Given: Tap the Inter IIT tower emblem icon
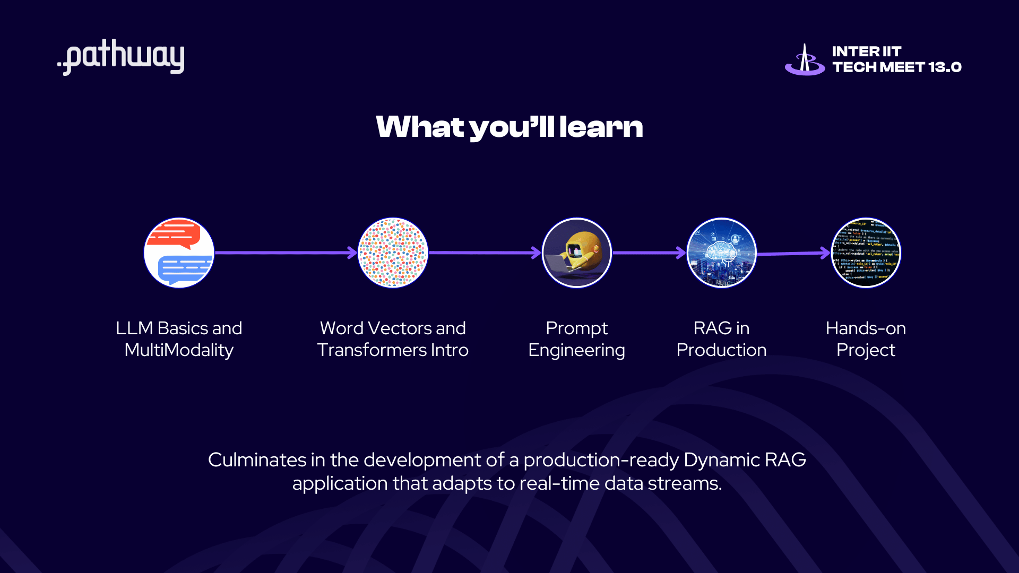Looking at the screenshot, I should coord(805,60).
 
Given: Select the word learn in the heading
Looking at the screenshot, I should coord(601,127).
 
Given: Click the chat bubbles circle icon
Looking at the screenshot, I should coord(179,253).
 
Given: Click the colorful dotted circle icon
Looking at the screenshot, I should coord(393,253).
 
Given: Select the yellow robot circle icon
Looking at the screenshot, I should coord(577,253).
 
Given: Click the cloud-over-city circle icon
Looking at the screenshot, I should coord(721,253).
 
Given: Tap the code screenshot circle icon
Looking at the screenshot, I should coord(866,253).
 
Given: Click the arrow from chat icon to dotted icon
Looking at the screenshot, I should coord(287,253).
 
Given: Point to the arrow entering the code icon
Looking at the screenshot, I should coord(794,254).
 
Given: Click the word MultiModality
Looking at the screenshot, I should coord(179,350).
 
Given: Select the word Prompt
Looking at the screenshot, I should coord(576,328).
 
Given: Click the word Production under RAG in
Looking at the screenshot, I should coord(721,350).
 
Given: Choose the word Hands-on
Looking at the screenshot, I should coord(866,328).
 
